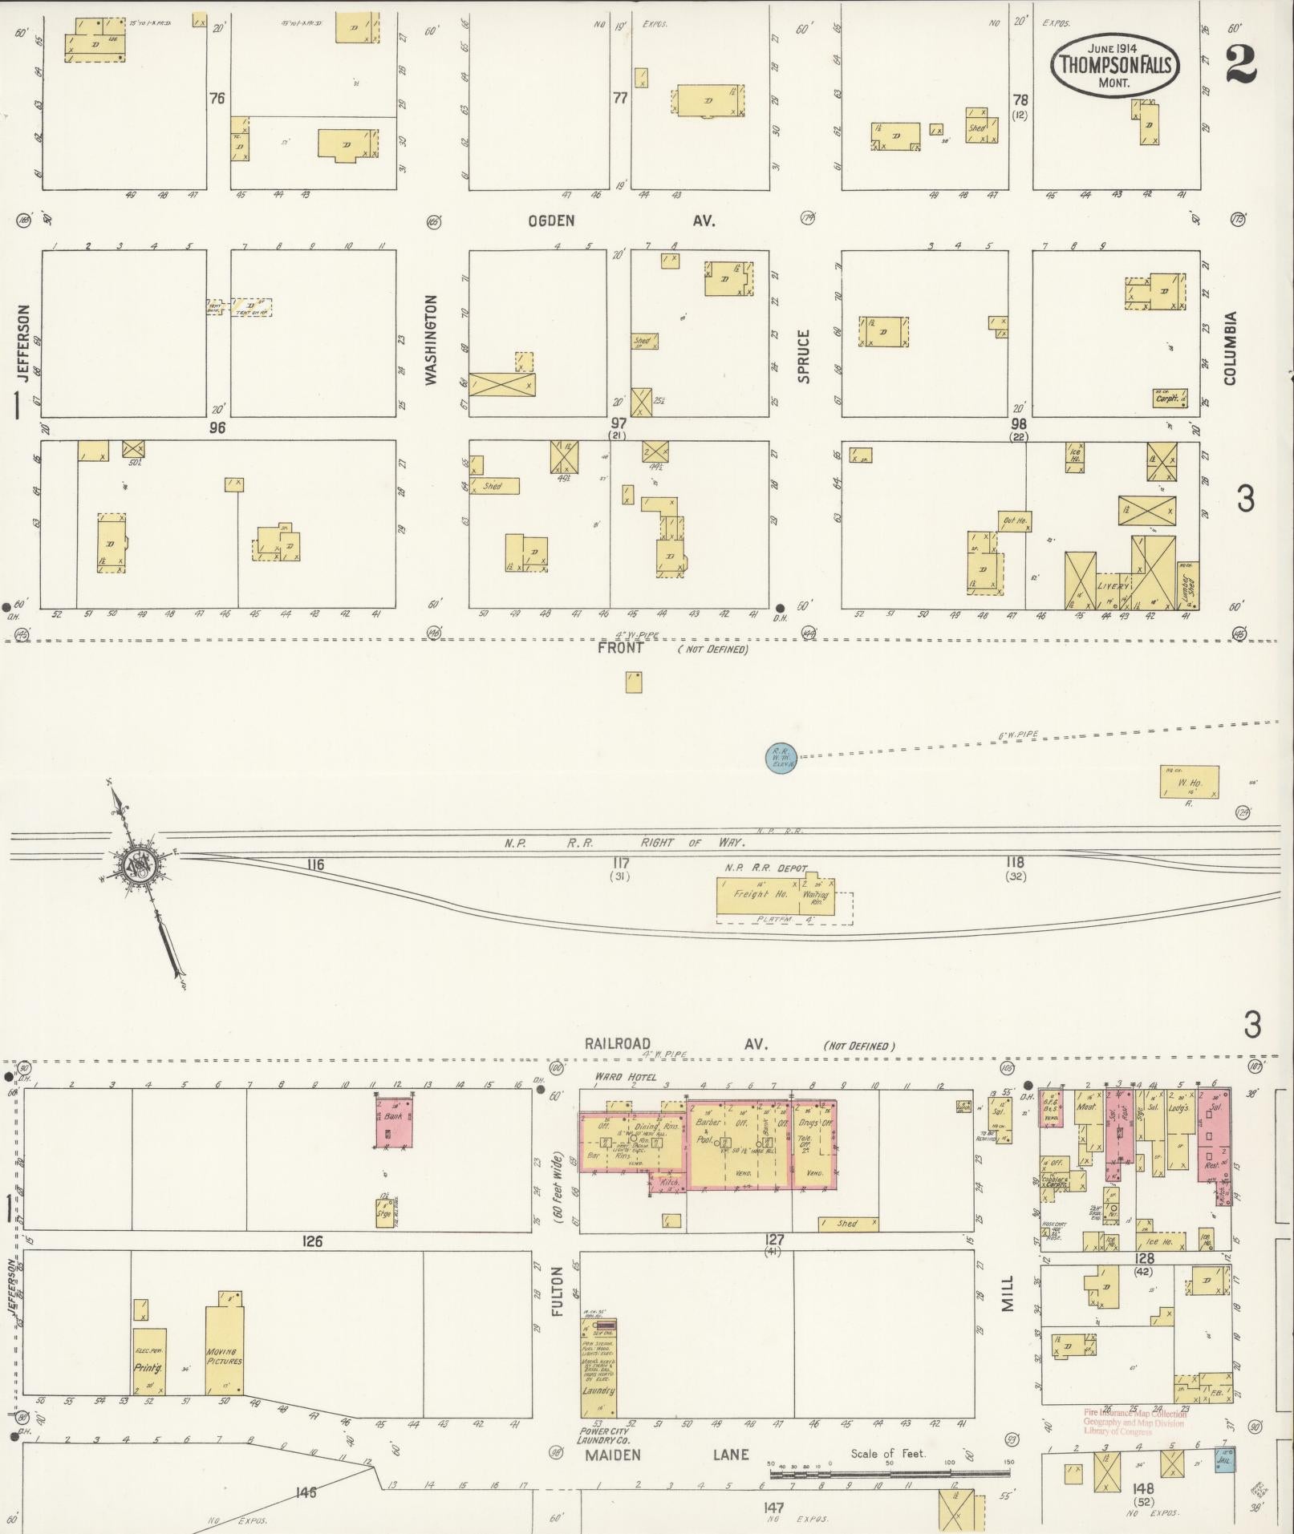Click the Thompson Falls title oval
[1114, 64]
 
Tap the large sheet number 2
[1240, 64]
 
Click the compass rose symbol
[138, 864]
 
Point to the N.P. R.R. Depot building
[775, 895]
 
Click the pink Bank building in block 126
[394, 1123]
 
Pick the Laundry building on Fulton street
[598, 1369]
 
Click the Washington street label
[432, 340]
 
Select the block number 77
[619, 99]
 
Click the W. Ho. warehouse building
[1189, 782]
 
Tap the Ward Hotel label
[625, 1077]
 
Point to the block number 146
[306, 1492]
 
